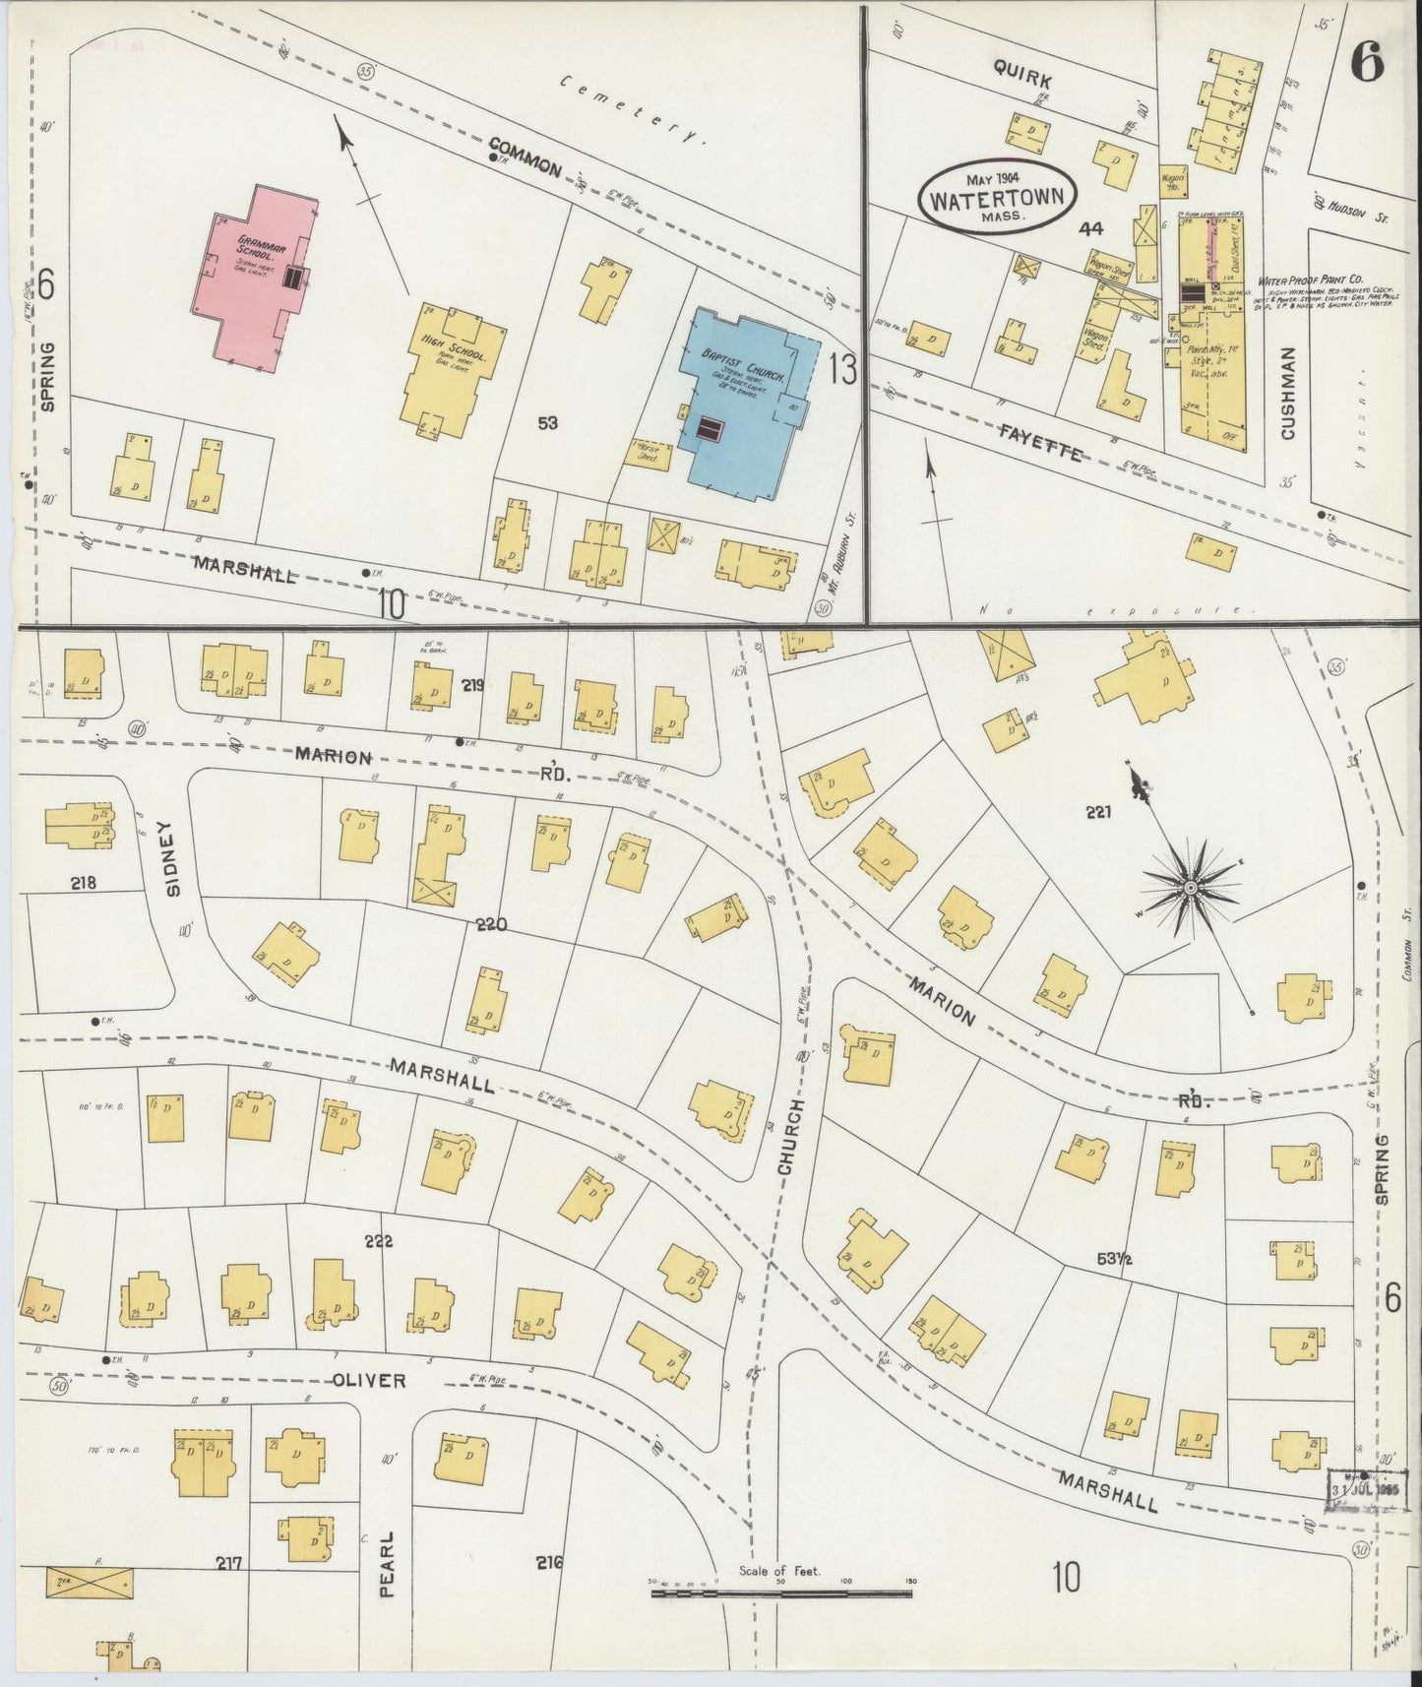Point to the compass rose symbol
[1189, 887]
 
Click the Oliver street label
[369, 1380]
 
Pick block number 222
[378, 1241]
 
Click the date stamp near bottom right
[1366, 1489]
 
